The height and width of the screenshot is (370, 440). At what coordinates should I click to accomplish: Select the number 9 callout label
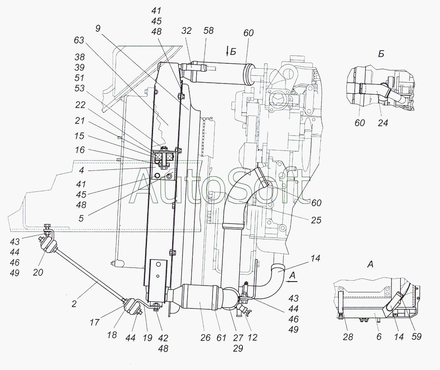tap(97, 28)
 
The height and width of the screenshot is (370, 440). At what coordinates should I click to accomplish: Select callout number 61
tap(221, 337)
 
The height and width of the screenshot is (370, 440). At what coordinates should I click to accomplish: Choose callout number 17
tap(95, 322)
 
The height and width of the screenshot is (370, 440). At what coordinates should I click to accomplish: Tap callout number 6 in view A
tap(379, 337)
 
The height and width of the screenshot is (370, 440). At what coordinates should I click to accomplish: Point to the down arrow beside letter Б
tap(227, 52)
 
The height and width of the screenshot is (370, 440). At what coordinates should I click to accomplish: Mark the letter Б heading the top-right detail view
tap(381, 54)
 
